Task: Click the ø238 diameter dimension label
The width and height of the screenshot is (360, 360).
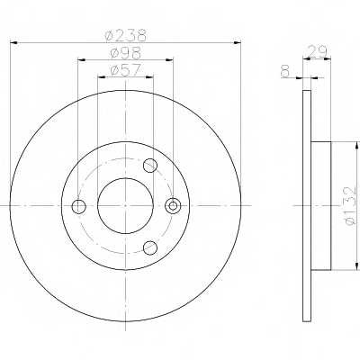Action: coord(126,35)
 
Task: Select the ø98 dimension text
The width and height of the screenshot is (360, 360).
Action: coord(125,53)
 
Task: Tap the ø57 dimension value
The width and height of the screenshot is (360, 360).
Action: coord(125,70)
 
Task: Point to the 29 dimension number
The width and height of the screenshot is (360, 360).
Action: coord(317,52)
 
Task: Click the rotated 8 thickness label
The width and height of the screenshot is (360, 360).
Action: coord(286,72)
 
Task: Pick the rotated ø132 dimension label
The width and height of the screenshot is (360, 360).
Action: coord(350,205)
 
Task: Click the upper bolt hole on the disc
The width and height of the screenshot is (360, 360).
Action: coord(150,166)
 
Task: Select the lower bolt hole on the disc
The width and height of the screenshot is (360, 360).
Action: coord(150,247)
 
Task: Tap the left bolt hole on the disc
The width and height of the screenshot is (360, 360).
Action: coord(79,206)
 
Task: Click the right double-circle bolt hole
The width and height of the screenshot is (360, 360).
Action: coord(173,206)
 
